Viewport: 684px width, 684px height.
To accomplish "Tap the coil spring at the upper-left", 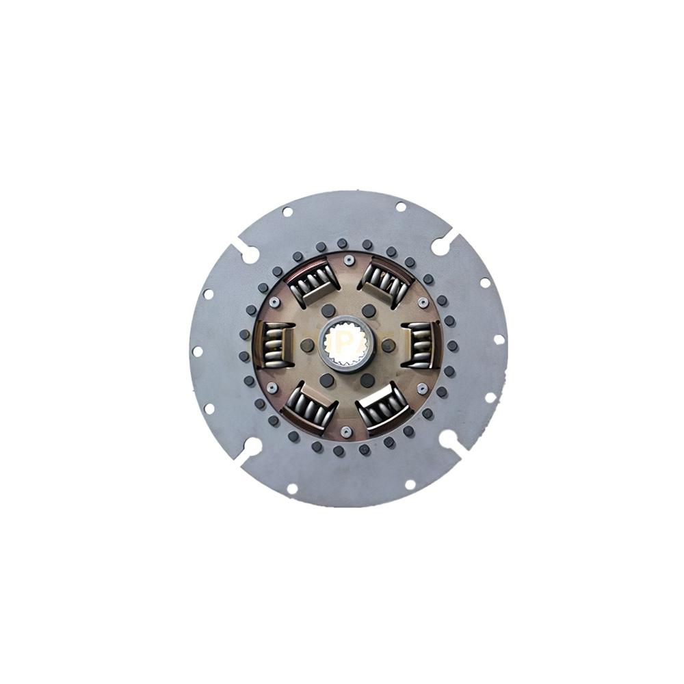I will click(314, 282).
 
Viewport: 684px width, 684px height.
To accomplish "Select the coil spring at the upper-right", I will click(386, 281).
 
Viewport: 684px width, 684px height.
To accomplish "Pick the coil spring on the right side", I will click(420, 343).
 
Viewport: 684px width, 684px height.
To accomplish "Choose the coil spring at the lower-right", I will click(383, 406).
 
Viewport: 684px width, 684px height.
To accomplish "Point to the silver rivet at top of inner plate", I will click(349, 260).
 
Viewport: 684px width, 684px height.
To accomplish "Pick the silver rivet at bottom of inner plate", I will click(347, 431).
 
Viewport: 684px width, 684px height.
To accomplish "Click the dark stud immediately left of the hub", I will click(308, 345).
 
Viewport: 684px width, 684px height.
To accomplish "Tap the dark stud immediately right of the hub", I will click(389, 345).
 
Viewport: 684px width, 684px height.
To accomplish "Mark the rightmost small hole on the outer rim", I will click(499, 339).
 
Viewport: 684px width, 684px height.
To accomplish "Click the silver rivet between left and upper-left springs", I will click(274, 302).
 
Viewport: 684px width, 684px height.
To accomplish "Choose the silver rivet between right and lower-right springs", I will click(422, 388).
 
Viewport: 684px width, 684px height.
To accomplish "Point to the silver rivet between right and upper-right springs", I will click(423, 302).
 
